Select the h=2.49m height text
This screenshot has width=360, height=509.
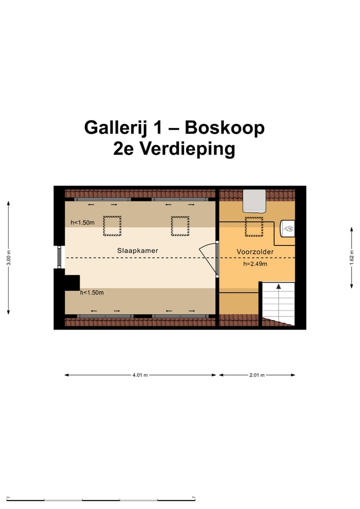click(255, 263)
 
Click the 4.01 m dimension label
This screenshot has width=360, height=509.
click(140, 375)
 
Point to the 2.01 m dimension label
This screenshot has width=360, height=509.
click(256, 375)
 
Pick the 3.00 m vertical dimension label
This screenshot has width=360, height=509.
click(8, 258)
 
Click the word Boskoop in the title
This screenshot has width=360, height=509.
click(224, 128)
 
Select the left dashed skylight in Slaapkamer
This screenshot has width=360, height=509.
click(112, 226)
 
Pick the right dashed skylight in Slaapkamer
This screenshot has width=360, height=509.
click(180, 226)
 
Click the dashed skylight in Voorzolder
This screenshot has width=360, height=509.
click(254, 226)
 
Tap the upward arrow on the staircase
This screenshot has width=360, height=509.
click(278, 288)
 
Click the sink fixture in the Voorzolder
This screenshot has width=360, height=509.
click(288, 229)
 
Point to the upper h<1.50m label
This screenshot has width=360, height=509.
click(82, 222)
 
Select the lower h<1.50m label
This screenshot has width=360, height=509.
click(91, 292)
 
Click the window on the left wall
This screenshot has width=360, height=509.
click(59, 257)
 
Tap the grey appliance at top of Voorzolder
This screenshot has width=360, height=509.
click(254, 200)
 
